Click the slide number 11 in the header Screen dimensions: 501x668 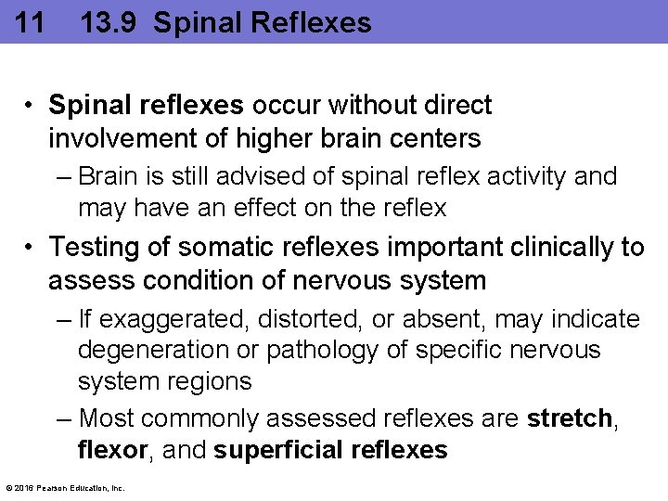(x=30, y=22)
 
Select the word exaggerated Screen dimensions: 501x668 (x=173, y=320)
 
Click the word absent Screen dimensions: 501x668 (x=443, y=319)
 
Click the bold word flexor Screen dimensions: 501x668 (x=112, y=451)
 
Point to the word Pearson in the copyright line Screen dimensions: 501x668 (x=50, y=488)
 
